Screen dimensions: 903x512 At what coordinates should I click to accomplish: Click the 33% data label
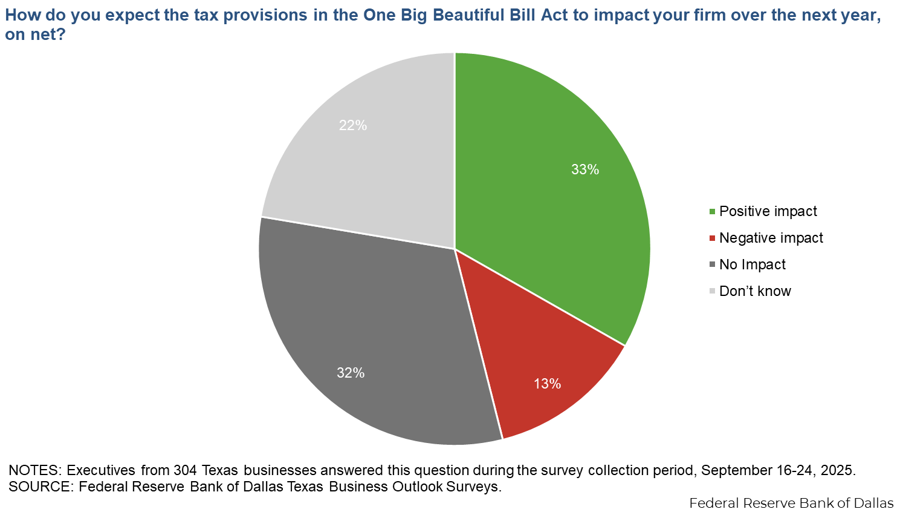tap(585, 169)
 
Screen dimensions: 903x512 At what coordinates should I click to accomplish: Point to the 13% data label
tap(547, 384)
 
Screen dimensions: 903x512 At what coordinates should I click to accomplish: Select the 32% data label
tap(351, 373)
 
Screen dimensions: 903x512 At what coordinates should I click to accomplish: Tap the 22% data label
tap(353, 125)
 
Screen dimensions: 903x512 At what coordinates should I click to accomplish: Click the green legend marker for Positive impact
tap(712, 212)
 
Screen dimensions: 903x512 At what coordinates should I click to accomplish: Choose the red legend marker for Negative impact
tap(712, 238)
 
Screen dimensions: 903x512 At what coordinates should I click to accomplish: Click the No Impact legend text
tap(752, 264)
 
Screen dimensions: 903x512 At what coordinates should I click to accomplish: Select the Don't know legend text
tap(755, 291)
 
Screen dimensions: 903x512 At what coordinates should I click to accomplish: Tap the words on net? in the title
tap(35, 34)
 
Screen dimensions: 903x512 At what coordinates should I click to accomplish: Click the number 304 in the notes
tap(185, 470)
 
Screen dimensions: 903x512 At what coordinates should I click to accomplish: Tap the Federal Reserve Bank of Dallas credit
tap(791, 503)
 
